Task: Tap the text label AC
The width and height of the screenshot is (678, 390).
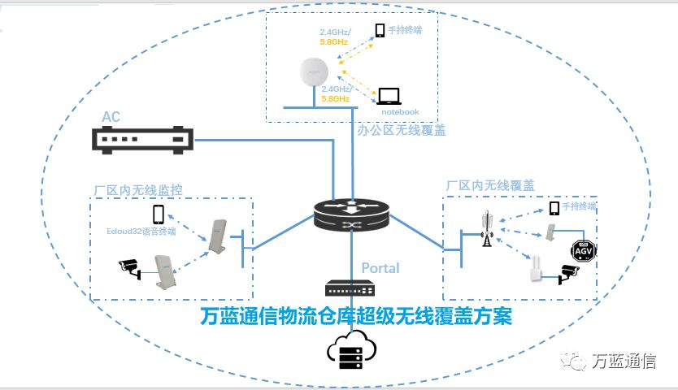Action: click(111, 118)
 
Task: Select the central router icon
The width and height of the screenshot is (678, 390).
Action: click(351, 215)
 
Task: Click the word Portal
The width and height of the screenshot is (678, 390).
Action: click(380, 268)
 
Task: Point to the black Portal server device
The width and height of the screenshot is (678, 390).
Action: click(351, 288)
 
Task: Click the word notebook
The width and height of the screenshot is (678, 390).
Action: click(399, 112)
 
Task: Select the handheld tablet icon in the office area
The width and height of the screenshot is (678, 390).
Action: click(380, 31)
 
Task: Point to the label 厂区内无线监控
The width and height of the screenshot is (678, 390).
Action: click(138, 189)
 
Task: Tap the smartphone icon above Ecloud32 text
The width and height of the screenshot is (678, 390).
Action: click(159, 214)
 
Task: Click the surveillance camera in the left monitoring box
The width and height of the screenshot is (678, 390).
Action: click(130, 267)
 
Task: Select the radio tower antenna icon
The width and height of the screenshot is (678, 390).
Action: click(488, 228)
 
